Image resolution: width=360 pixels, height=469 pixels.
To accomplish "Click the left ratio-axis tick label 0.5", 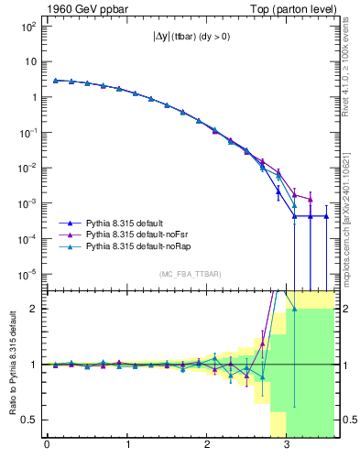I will pyautogui.click(x=28, y=420).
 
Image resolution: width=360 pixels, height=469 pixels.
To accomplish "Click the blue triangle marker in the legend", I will pyautogui.click(x=68, y=223).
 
